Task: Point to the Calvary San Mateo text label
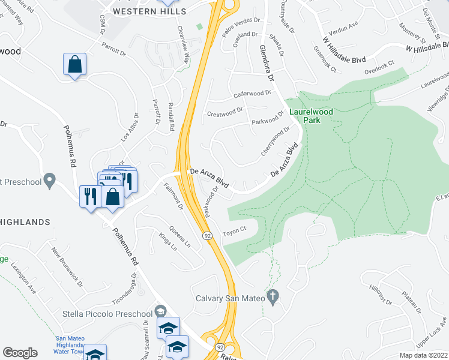[x=230, y=298]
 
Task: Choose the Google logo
[x=20, y=353]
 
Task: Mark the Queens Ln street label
[x=179, y=237]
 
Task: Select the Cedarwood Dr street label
[x=253, y=94]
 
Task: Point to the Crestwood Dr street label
[x=224, y=111]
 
